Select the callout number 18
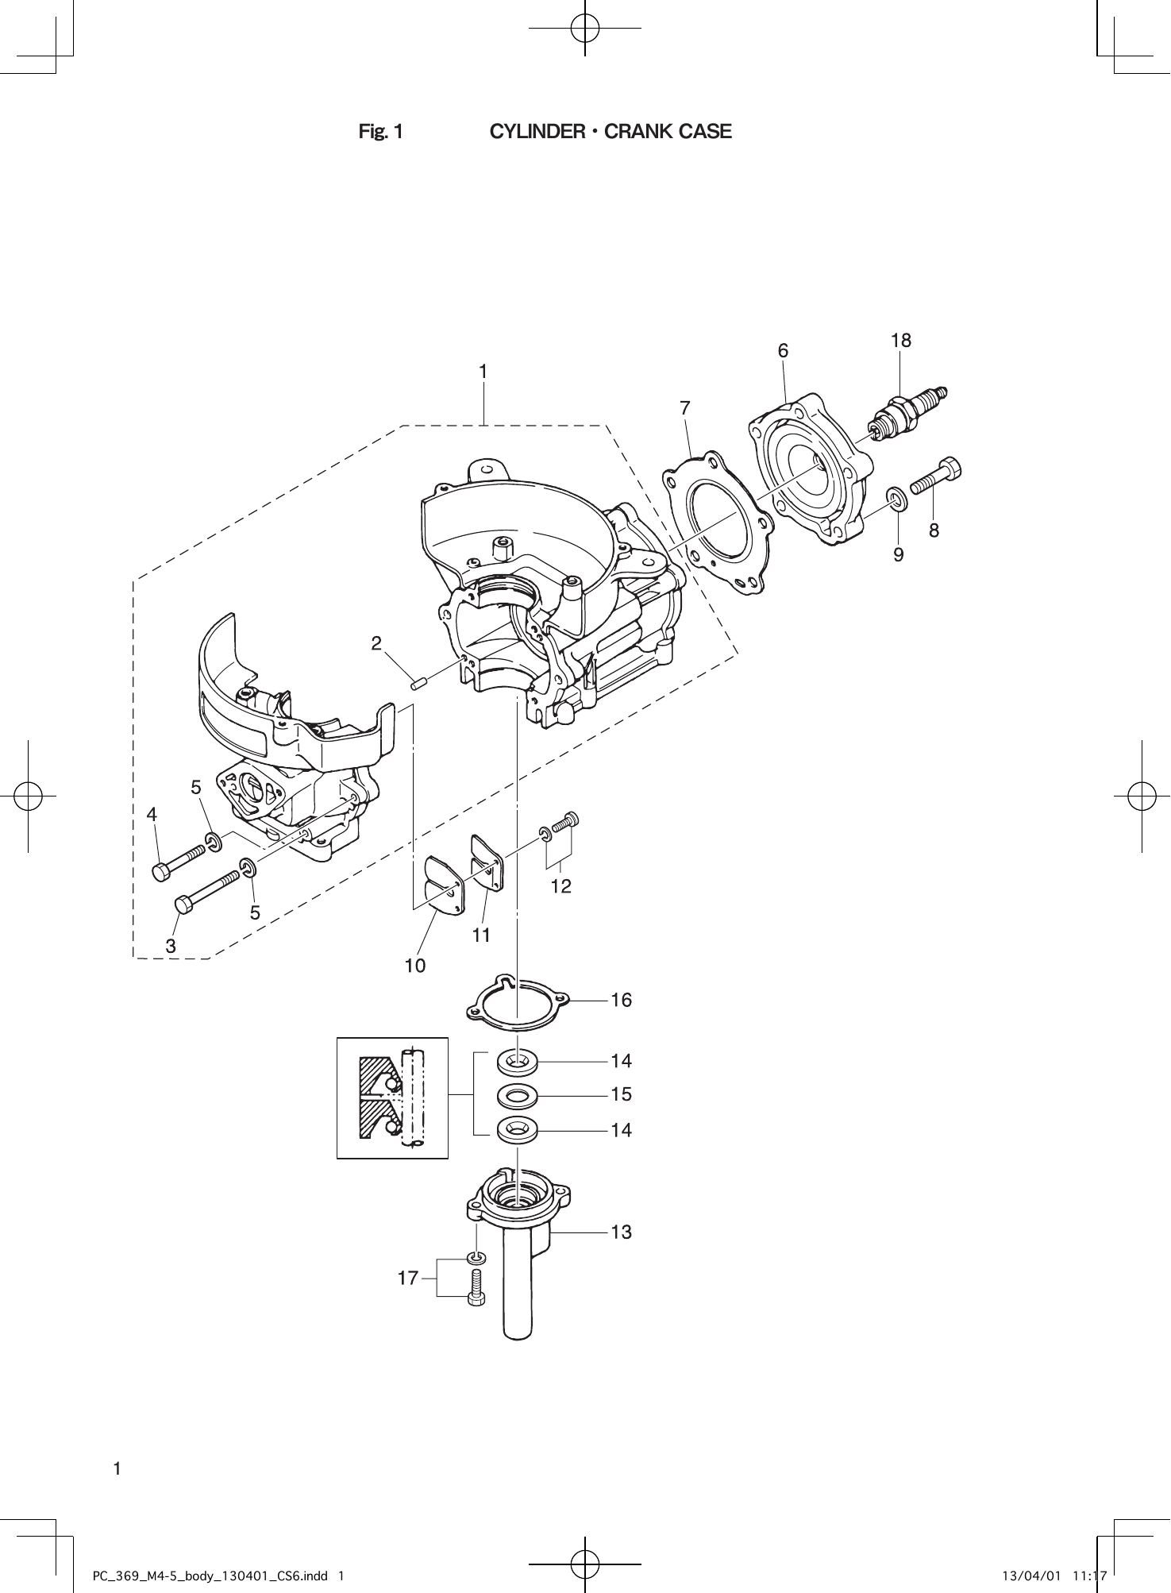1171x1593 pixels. tap(900, 341)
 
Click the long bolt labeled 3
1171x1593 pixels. tap(206, 891)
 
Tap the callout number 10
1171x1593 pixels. tap(415, 966)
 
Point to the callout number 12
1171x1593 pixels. tap(560, 886)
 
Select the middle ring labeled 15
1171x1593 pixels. tap(517, 1097)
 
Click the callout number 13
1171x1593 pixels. tap(621, 1232)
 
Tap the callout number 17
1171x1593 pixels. tap(407, 1279)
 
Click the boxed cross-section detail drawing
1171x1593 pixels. tap(392, 1097)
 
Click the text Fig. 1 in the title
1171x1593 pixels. tap(381, 132)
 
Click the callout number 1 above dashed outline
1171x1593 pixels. tap(482, 372)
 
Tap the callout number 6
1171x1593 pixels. tap(783, 350)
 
